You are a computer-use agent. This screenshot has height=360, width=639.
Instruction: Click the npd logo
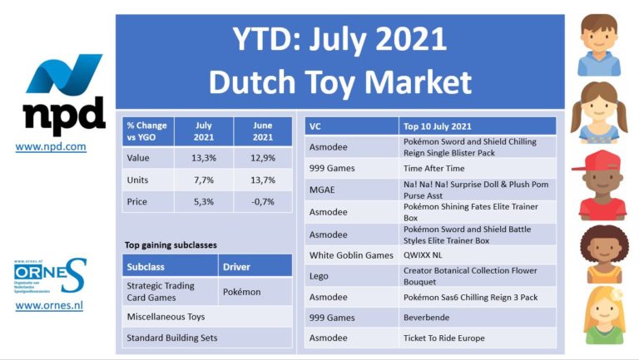click(64, 95)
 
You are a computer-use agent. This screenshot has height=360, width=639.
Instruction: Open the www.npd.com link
click(51, 146)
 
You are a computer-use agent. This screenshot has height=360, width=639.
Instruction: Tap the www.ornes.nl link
click(49, 305)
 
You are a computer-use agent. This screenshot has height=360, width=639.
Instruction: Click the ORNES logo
click(50, 276)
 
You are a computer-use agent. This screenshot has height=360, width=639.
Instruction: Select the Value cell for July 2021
click(204, 158)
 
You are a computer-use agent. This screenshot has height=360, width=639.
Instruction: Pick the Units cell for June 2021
click(263, 180)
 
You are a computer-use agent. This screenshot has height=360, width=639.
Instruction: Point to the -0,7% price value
click(263, 201)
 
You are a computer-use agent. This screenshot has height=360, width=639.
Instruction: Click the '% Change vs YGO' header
click(148, 131)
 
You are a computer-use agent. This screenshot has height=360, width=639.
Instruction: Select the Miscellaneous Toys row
click(207, 317)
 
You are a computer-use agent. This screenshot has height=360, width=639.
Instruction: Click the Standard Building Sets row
click(207, 338)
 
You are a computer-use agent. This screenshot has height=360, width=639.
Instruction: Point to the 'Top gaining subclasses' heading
click(171, 245)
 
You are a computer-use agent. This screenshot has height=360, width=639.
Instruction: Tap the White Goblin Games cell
click(352, 255)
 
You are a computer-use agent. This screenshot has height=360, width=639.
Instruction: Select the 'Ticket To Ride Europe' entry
click(444, 338)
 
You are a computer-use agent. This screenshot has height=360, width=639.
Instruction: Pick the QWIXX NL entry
click(423, 255)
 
